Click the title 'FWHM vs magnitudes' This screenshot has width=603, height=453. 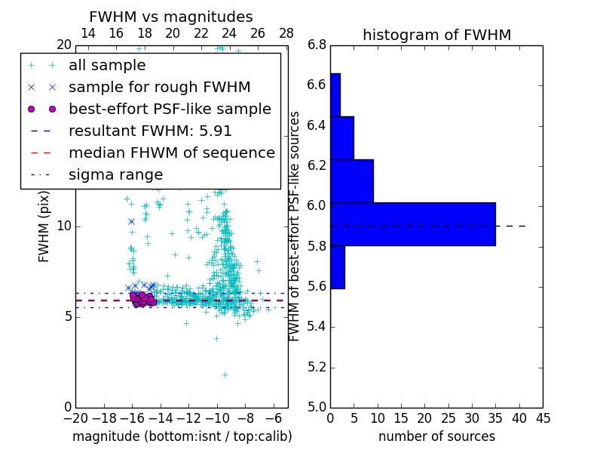click(170, 17)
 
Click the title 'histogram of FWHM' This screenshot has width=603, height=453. click(436, 35)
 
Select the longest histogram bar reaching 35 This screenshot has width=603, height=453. click(412, 223)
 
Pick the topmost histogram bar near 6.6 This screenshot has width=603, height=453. click(335, 94)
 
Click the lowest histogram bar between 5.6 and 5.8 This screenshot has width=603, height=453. click(337, 267)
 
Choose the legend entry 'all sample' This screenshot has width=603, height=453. click(107, 66)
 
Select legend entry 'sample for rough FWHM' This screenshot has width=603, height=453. click(159, 87)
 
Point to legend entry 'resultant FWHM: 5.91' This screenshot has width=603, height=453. click(150, 131)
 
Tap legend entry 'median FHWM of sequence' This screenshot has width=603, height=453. click(171, 153)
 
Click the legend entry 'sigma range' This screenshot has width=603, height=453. click(115, 174)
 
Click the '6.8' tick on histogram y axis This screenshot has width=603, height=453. click(317, 45)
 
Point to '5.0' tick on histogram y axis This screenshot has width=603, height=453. click(317, 407)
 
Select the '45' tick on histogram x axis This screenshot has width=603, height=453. click(543, 418)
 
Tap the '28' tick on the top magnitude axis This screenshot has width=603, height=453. click(286, 33)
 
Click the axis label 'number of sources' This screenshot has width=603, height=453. click(436, 436)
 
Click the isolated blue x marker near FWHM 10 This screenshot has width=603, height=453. click(131, 221)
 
